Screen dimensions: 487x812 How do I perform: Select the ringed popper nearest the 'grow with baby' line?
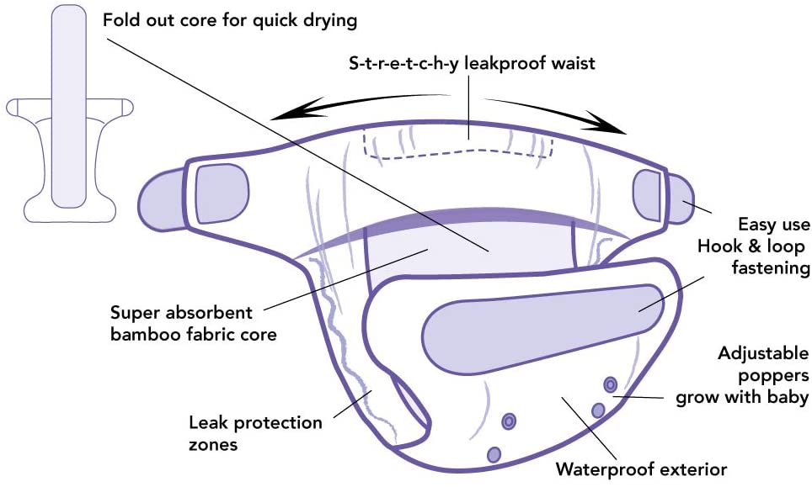click(611, 384)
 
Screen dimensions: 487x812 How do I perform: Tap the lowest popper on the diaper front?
click(494, 454)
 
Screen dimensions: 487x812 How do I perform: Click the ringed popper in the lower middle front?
click(509, 421)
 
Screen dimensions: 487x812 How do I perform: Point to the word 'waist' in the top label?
click(573, 63)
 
